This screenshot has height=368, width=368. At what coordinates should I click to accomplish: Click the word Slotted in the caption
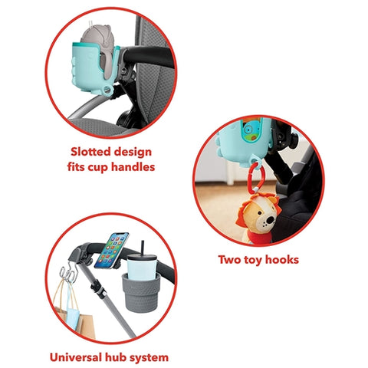click(90, 152)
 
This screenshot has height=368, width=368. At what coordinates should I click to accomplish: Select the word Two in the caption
click(229, 260)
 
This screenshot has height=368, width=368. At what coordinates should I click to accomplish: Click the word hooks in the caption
click(282, 260)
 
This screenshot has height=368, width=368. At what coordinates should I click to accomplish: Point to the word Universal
click(75, 357)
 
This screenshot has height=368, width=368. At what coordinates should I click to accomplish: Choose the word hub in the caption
click(115, 357)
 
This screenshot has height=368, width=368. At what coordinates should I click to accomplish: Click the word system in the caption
click(149, 358)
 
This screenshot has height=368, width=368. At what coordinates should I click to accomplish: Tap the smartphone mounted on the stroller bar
click(111, 251)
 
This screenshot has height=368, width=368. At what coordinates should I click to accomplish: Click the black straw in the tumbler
click(143, 248)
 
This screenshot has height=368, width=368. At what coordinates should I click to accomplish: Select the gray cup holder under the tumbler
click(141, 292)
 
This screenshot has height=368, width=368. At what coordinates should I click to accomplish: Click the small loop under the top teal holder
click(108, 90)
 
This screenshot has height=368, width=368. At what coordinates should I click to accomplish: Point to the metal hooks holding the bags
click(67, 273)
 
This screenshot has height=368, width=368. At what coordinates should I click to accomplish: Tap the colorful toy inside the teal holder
click(251, 132)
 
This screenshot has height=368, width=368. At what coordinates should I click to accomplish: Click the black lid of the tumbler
click(142, 257)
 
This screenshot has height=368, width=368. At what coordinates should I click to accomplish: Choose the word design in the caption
click(133, 153)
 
